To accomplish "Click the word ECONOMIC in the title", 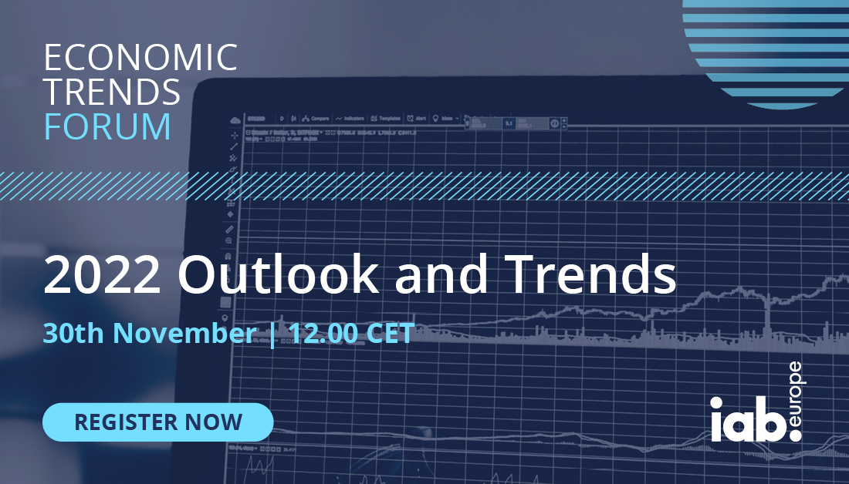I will pos(140,59).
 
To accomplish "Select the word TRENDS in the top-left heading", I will pos(112,93).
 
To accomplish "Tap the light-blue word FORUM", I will pos(107,126).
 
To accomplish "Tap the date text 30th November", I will pos(150,334).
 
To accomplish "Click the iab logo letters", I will pos(746,419).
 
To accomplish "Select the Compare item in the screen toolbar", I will pos(316,119).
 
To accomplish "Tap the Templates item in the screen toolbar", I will pos(385,119).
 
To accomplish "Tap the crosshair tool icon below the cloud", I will pos(234,134).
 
